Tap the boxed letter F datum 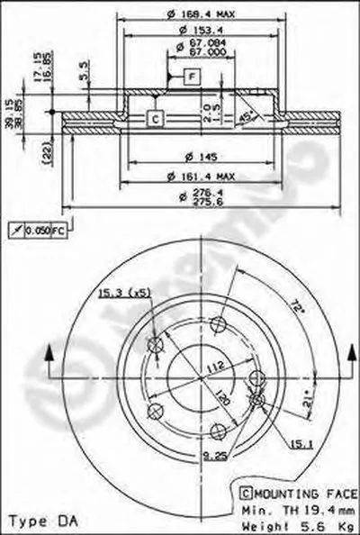pos(192,77)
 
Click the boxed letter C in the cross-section pos(154,118)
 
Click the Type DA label pos(37,521)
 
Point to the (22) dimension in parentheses pos(45,156)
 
